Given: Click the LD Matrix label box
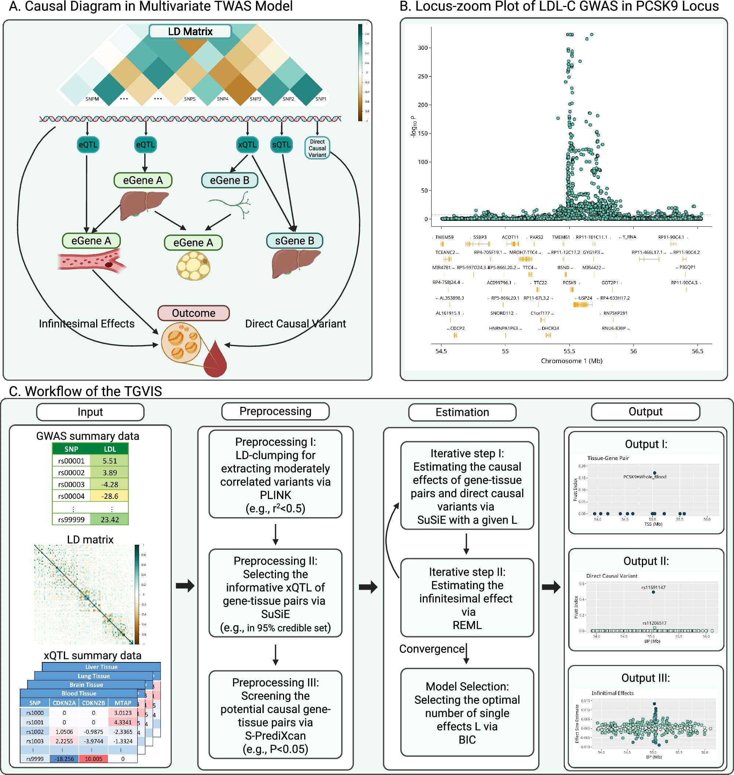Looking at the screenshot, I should pyautogui.click(x=190, y=31).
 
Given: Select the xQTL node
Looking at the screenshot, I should pyautogui.click(x=247, y=145).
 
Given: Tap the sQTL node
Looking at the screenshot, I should pyautogui.click(x=281, y=145).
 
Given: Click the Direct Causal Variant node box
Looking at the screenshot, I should pyautogui.click(x=317, y=148).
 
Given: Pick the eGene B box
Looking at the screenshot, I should pyautogui.click(x=230, y=180).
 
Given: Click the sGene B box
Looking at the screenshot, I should pyautogui.click(x=295, y=241).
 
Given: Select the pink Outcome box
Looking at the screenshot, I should pyautogui.click(x=193, y=313).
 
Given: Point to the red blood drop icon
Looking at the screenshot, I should pyautogui.click(x=215, y=360).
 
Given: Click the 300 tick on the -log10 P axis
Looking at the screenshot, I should pyautogui.click(x=422, y=48).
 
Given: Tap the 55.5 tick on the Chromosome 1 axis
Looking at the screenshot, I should pyautogui.click(x=569, y=351).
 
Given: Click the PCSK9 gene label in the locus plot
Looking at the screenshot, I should pyautogui.click(x=569, y=282).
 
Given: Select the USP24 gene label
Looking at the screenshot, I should pyautogui.click(x=585, y=298).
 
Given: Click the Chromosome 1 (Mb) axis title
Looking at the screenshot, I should pyautogui.click(x=572, y=361).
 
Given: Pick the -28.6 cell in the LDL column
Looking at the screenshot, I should pyautogui.click(x=110, y=496).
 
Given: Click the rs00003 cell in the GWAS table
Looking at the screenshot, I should pyautogui.click(x=71, y=485).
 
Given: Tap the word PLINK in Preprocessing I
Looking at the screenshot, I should pyautogui.click(x=276, y=495).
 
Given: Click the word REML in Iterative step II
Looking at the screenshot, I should pyautogui.click(x=467, y=625).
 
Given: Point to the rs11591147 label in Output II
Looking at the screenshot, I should pyautogui.click(x=653, y=587).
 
